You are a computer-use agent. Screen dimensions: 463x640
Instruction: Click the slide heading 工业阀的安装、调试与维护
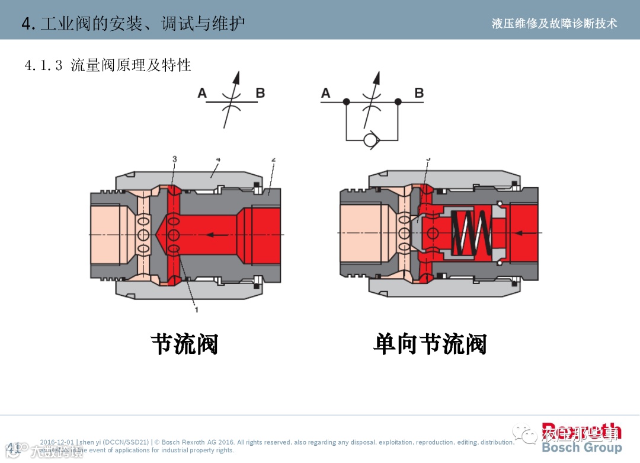point(142,24)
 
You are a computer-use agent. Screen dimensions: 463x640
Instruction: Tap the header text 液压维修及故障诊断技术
point(554,23)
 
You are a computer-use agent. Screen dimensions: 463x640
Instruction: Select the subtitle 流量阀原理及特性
point(130,65)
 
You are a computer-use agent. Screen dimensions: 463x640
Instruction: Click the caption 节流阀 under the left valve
point(184,344)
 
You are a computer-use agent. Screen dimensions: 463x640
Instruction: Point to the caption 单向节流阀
point(430,344)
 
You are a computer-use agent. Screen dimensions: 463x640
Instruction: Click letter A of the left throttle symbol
point(202,93)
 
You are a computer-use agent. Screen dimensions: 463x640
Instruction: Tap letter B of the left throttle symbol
point(260,93)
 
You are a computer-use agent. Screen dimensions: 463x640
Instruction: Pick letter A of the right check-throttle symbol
point(325,93)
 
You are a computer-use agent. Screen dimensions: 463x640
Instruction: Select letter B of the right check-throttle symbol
point(419,93)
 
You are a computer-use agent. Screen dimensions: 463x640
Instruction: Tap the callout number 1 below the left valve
point(197,309)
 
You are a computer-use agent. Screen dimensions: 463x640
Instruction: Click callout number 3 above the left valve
point(174,159)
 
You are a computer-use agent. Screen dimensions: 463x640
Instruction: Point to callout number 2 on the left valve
point(273,159)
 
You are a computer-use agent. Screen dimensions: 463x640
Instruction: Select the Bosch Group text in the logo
point(581,446)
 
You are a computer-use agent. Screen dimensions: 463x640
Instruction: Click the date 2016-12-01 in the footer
point(57,442)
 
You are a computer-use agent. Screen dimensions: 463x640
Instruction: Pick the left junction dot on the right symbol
point(347,102)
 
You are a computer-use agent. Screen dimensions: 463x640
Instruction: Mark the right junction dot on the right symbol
point(398,102)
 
